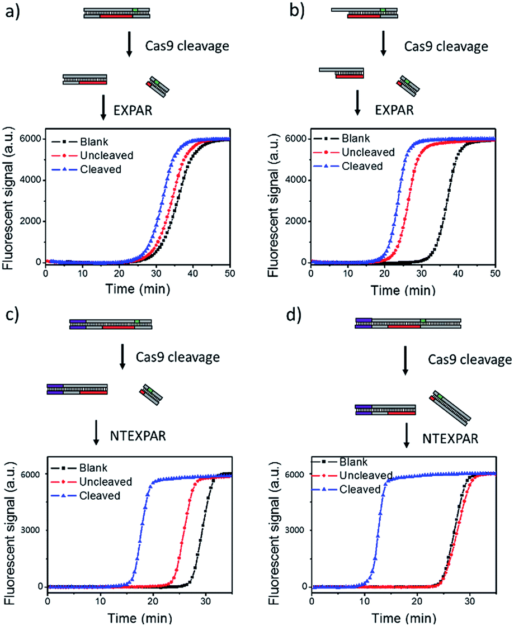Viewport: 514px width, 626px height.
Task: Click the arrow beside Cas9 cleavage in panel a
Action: click(129, 45)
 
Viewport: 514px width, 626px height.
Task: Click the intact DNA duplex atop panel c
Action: click(110, 324)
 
